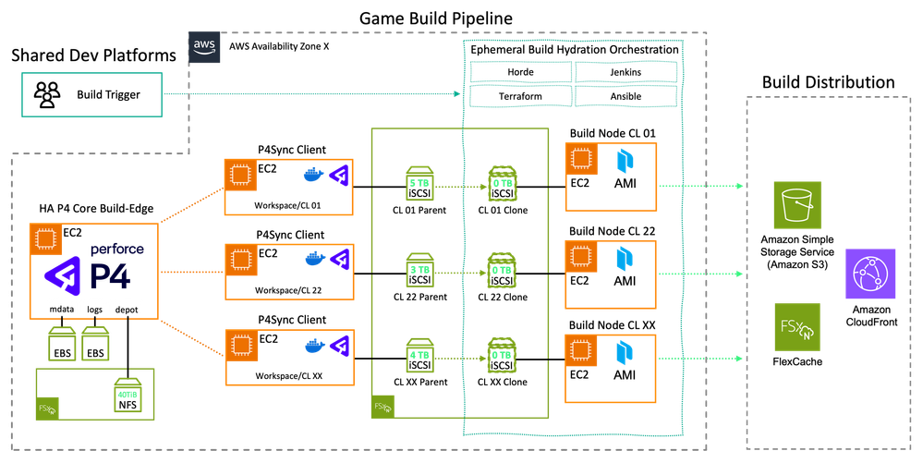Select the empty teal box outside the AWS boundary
92,94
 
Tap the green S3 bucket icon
796,204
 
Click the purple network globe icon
870,273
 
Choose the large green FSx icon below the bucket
796,326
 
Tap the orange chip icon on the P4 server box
43,238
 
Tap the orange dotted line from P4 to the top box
191,205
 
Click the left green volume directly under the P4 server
63,344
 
